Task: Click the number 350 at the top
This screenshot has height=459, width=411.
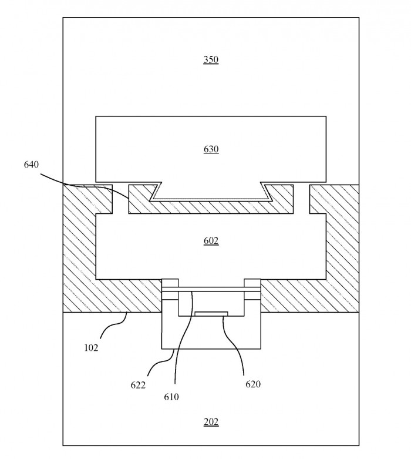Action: [211, 59]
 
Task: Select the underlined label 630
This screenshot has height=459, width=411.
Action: [211, 149]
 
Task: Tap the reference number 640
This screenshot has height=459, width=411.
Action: [31, 165]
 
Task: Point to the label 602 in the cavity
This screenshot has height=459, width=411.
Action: [211, 240]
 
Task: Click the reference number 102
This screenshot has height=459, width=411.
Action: [90, 347]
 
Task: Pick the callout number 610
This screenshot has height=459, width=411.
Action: [171, 397]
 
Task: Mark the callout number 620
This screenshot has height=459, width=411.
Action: [252, 384]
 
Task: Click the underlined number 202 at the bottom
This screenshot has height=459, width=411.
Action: [211, 422]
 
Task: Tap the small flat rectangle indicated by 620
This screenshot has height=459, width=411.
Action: [211, 314]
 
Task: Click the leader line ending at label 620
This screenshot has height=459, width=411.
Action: [238, 344]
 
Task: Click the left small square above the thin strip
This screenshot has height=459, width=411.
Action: [170, 283]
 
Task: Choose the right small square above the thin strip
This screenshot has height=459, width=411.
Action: [252, 283]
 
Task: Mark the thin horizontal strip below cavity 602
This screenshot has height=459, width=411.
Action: [211, 290]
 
